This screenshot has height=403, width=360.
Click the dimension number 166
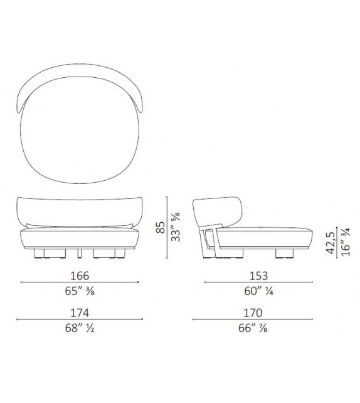(80, 276)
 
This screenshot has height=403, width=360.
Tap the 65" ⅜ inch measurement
(80, 291)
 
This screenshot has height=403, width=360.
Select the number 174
(80, 313)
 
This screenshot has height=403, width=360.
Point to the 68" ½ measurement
(80, 328)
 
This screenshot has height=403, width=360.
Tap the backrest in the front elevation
(80, 211)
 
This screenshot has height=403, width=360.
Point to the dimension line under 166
(80, 283)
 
